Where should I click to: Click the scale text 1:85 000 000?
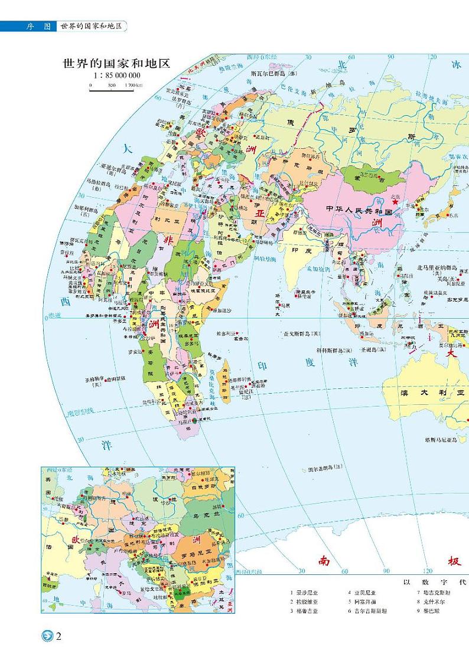[116, 76]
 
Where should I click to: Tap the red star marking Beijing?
[395, 201]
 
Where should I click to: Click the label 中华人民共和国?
[359, 210]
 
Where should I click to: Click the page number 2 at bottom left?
[59, 636]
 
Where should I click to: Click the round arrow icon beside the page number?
[47, 636]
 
